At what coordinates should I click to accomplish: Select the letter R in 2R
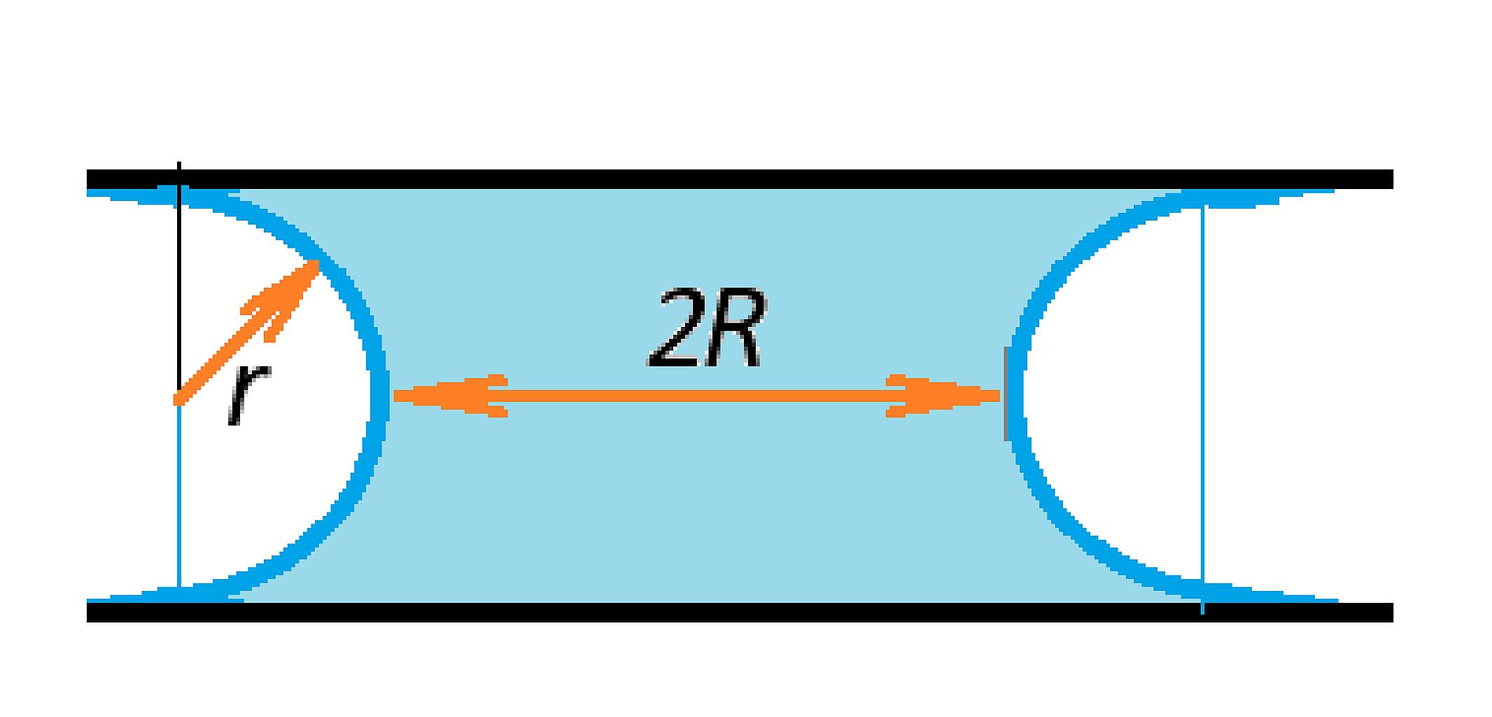733,329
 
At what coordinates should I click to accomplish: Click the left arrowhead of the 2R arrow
448,396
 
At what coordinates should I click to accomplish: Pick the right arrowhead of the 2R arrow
943,396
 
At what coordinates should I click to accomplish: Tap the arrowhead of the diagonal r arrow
283,294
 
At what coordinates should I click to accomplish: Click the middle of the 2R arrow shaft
697,396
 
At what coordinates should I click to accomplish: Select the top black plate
740,179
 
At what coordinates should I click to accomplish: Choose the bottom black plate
740,612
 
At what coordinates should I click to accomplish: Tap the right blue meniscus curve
1017,396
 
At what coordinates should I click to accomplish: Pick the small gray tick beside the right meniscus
1006,394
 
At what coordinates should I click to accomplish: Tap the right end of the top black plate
1393,179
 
